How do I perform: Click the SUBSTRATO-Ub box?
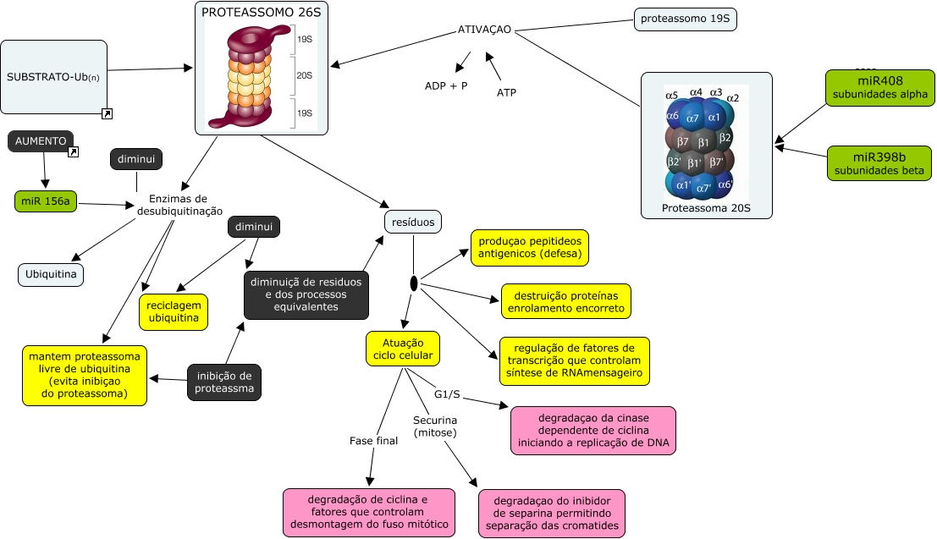(x=54, y=76)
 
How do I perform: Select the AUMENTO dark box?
(x=41, y=141)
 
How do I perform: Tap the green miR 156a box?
(x=45, y=201)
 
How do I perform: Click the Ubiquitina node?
(x=52, y=274)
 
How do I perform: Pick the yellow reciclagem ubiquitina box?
(x=174, y=311)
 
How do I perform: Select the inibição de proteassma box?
(x=224, y=382)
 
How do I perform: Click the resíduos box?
(x=413, y=222)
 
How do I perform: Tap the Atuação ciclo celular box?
(x=403, y=348)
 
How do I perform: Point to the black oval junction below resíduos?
(x=414, y=284)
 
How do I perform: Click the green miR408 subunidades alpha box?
(x=880, y=87)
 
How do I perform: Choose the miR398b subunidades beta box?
(x=880, y=163)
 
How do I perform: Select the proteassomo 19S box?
(x=685, y=19)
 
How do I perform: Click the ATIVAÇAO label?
(x=484, y=30)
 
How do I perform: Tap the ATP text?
(x=506, y=92)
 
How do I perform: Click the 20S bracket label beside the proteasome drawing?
(x=304, y=75)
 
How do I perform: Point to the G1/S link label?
(x=447, y=394)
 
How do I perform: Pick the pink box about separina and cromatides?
(x=551, y=513)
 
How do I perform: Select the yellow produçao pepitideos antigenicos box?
(x=529, y=247)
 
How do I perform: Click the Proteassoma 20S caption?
(x=706, y=208)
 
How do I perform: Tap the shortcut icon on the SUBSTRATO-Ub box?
(x=107, y=113)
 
